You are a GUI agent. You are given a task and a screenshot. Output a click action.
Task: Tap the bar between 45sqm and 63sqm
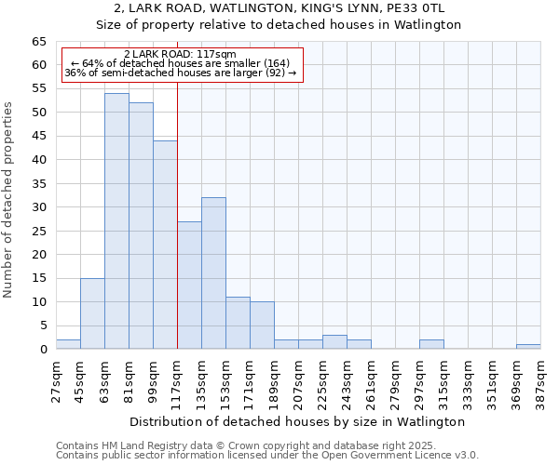click(x=92, y=313)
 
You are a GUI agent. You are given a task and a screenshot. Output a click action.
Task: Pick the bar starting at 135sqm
click(x=213, y=273)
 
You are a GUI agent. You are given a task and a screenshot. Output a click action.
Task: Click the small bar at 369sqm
click(x=528, y=346)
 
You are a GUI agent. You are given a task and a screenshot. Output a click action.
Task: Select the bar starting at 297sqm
click(x=431, y=344)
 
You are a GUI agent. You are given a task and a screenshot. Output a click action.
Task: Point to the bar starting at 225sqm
click(x=334, y=342)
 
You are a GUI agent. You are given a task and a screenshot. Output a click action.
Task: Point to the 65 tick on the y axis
click(x=39, y=42)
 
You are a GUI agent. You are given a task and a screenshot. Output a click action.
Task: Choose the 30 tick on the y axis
click(x=39, y=207)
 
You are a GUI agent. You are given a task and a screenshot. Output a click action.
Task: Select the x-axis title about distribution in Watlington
click(x=297, y=421)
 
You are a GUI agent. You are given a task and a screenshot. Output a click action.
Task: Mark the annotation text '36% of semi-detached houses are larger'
click(x=172, y=73)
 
